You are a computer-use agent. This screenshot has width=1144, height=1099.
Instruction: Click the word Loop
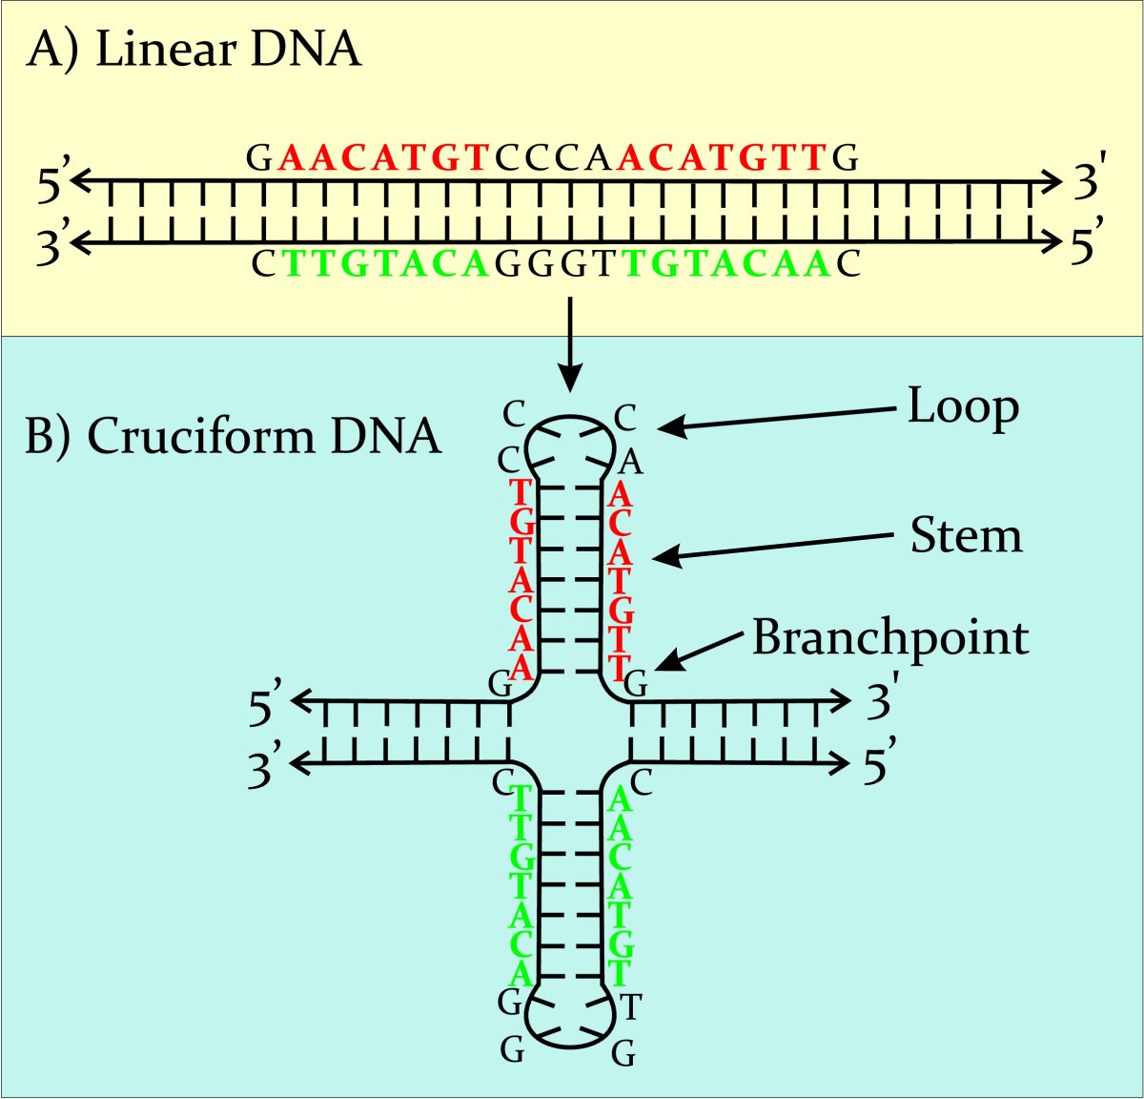point(963,408)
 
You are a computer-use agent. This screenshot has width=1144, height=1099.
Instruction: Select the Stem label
point(966,536)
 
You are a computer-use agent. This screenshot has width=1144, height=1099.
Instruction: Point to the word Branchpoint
point(890,637)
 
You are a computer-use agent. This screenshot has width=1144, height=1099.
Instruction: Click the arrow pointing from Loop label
point(777,418)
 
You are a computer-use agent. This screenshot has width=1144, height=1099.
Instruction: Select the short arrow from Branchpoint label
point(701,650)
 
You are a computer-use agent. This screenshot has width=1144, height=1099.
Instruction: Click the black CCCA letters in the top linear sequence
point(553,157)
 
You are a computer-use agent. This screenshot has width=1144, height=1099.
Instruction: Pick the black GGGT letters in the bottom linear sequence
point(557,263)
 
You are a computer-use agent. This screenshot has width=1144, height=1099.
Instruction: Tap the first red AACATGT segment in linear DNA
point(384,157)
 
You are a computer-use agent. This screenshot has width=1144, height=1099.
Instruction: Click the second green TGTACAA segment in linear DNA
point(728,263)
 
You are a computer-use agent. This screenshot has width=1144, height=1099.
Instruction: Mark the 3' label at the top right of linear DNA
point(1087,181)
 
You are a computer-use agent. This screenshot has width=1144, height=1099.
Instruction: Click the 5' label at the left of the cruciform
point(266,705)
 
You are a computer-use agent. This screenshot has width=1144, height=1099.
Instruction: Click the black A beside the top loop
point(630,463)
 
